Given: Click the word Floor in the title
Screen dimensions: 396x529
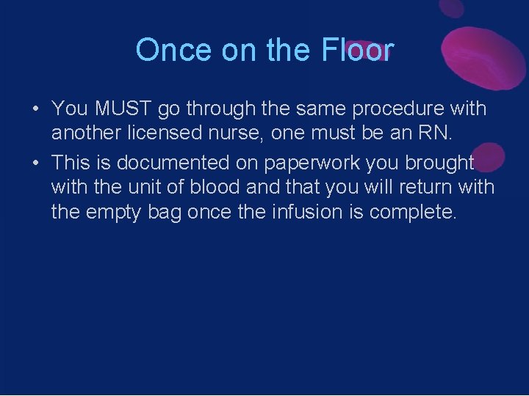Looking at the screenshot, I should (x=358, y=50).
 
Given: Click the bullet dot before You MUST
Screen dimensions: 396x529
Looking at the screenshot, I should (x=35, y=109).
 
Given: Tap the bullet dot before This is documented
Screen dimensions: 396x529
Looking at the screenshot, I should (x=35, y=163).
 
